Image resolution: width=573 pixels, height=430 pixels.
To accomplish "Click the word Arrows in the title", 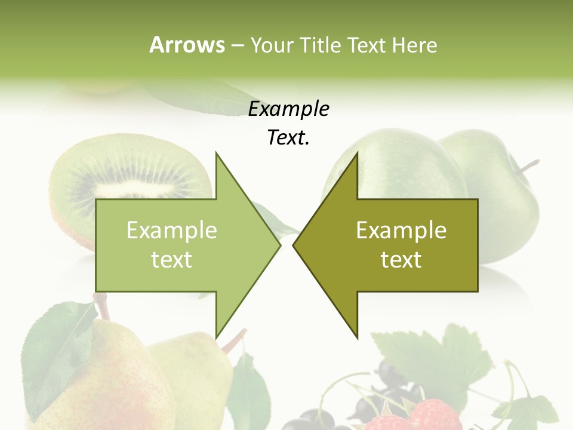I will coord(187,45).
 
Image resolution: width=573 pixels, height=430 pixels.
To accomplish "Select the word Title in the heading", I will coord(321,45).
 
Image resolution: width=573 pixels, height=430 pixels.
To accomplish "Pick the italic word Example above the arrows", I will coord(288,109).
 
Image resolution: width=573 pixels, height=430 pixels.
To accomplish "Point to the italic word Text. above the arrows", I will coord(288,138).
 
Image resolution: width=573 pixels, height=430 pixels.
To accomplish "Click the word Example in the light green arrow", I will coord(172,231).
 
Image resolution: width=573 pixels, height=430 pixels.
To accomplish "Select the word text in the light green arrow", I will coord(172,260).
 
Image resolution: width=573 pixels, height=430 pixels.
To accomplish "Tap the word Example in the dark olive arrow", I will coord(401,231).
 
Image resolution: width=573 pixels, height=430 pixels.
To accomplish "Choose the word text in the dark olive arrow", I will coord(401,260).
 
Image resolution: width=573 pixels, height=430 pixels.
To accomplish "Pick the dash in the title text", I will coord(238,45).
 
